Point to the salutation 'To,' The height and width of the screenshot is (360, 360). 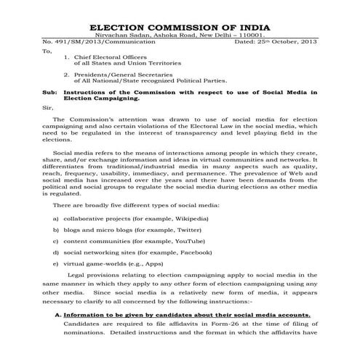[x=48, y=52]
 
